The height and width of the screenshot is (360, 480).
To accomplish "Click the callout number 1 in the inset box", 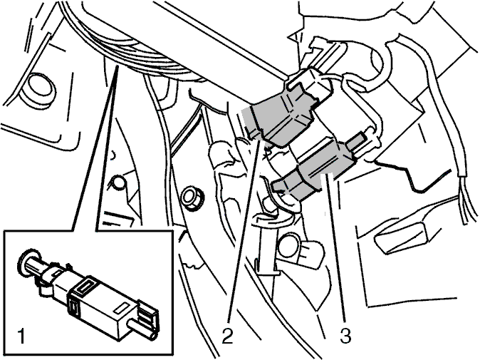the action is pos(21,336).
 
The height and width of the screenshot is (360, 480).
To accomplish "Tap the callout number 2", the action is pos(227,335).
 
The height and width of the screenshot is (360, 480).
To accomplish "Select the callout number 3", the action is pos(345,335).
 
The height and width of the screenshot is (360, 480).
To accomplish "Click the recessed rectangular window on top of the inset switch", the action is pos(87,285).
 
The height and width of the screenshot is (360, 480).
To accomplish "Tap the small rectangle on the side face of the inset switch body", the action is pos(122,308).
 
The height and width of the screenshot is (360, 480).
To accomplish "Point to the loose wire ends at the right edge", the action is pos(468,196).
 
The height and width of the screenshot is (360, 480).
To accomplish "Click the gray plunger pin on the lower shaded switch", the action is pos(360,142).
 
